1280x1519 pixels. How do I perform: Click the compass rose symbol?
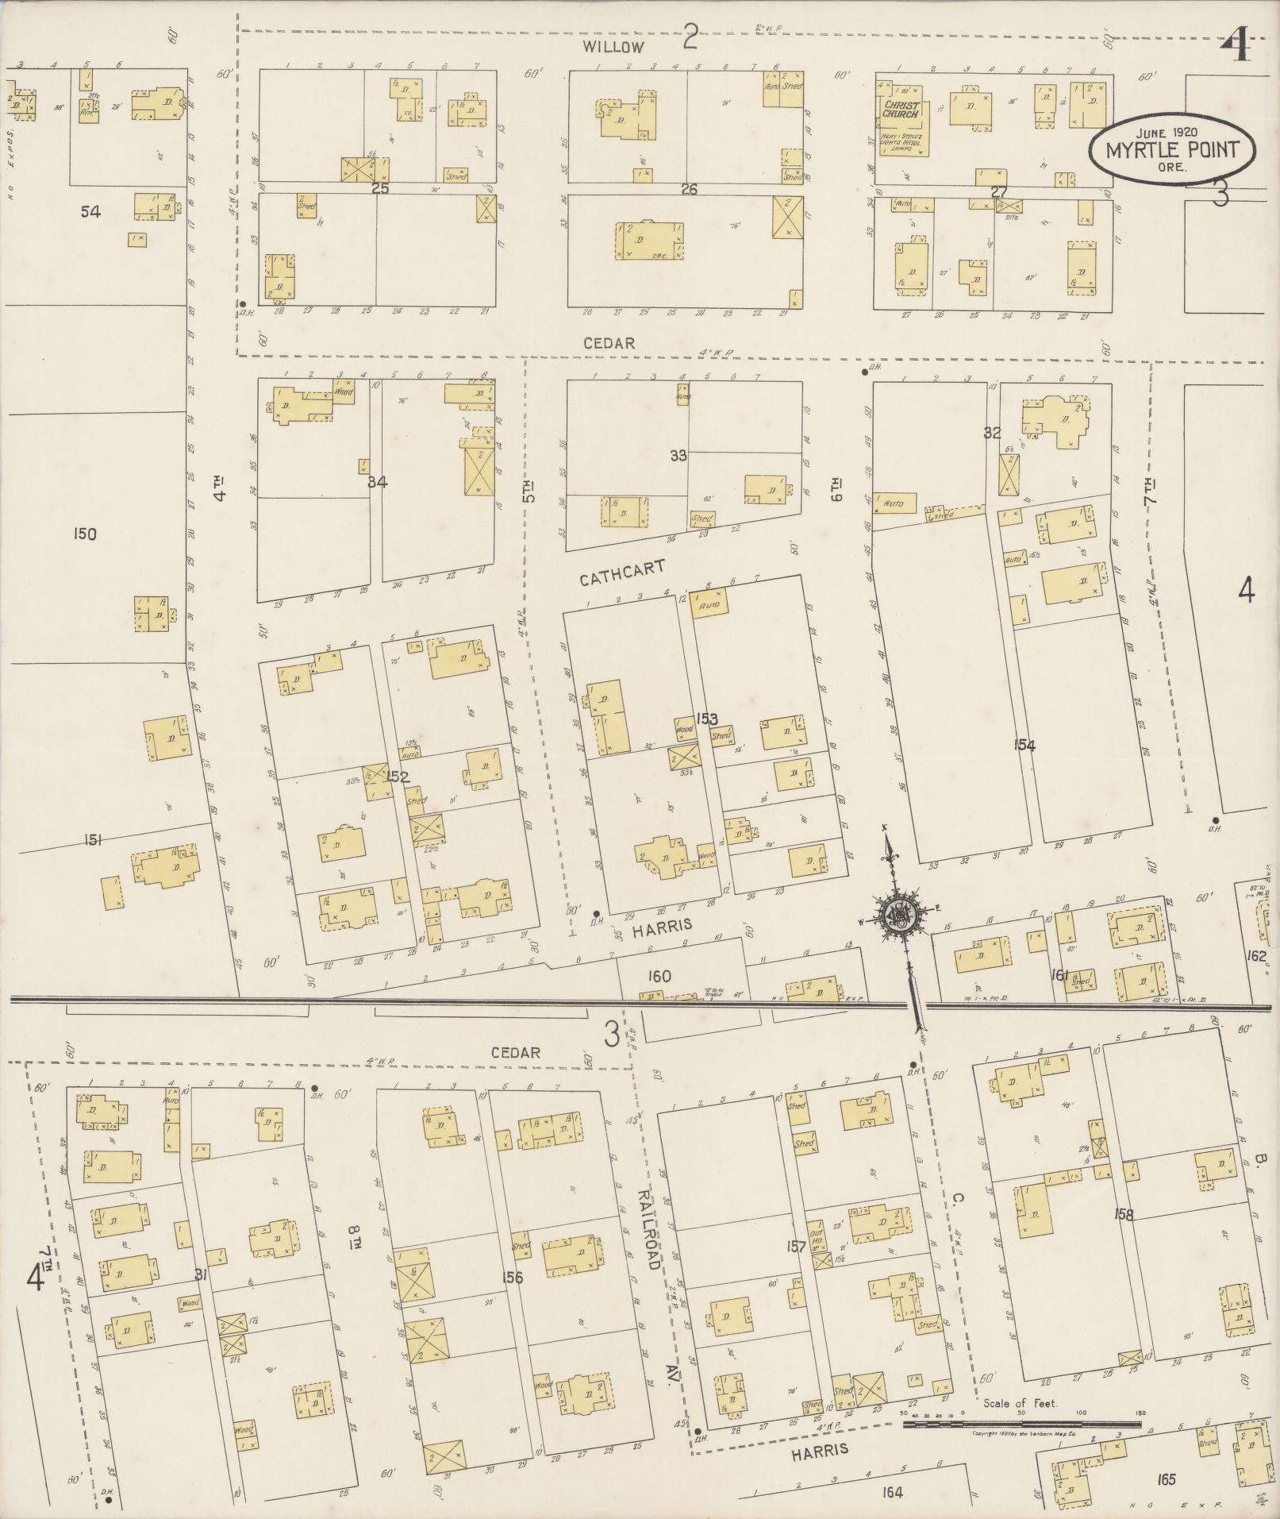point(904,916)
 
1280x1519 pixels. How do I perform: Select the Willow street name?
point(613,47)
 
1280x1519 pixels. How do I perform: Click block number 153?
point(707,719)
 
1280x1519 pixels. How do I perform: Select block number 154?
point(1024,745)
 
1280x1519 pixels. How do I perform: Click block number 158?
point(1124,1213)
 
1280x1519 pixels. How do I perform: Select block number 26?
point(688,189)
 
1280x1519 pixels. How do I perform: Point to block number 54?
point(91,211)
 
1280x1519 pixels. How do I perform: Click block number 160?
point(659,976)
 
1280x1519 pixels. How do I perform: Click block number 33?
point(678,456)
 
